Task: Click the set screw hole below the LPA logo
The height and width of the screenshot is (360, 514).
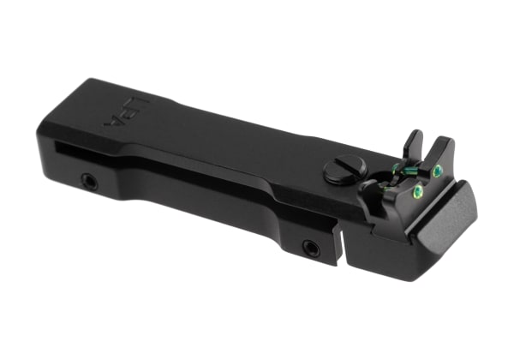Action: tap(88, 181)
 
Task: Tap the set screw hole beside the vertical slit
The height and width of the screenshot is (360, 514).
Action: tap(311, 249)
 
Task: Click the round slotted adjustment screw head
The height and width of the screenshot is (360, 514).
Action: tap(344, 169)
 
